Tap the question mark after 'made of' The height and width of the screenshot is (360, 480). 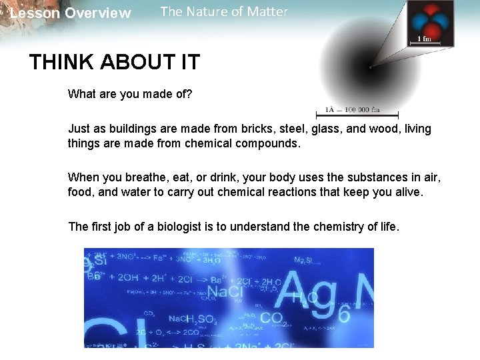[189, 95]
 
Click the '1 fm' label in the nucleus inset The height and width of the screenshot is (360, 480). [424, 39]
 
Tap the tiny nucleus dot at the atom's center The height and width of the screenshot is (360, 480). [370, 67]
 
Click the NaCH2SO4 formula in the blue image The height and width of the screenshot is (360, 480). [191, 320]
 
